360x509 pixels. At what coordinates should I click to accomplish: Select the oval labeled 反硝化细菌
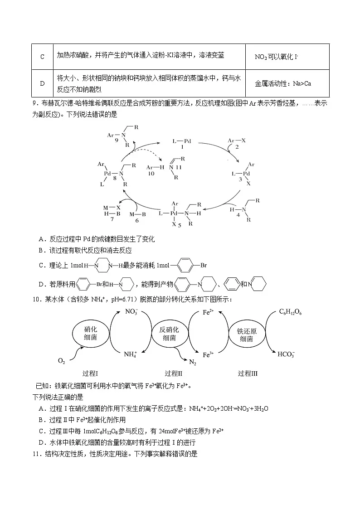[x=170, y=334]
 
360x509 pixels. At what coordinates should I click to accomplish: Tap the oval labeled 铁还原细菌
[x=248, y=334]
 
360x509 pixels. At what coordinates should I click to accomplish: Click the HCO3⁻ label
[x=286, y=354]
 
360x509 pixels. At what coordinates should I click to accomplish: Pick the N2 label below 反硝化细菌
[x=193, y=362]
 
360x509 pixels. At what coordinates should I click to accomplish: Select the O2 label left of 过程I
[x=62, y=361]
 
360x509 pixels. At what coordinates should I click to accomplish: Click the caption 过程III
[x=248, y=373]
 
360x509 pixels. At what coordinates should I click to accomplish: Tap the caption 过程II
[x=174, y=373]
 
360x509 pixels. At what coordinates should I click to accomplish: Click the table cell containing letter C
[x=42, y=57]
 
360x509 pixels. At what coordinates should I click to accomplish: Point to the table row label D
[x=42, y=83]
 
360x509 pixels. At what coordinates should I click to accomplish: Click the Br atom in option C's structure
[x=204, y=265]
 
